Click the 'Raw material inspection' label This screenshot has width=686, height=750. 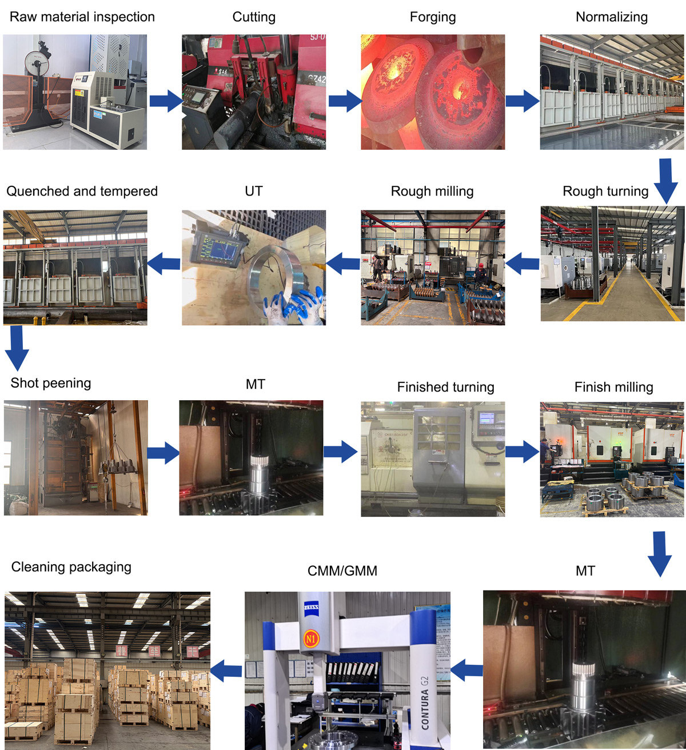[82, 17]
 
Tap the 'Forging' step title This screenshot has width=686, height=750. [433, 17]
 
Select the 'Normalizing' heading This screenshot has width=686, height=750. [611, 17]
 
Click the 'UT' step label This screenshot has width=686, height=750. [254, 191]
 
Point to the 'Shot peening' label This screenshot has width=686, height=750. [51, 383]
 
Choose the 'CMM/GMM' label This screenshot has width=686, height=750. [342, 571]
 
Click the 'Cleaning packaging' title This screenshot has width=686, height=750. [71, 567]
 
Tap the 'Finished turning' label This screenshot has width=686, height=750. [445, 387]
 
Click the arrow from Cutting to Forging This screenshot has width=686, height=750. [345, 101]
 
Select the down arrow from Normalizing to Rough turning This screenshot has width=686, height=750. [665, 181]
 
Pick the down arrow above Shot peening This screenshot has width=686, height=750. [17, 348]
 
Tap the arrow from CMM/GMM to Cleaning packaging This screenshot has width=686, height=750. [226, 671]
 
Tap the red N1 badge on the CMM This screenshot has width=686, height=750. [310, 639]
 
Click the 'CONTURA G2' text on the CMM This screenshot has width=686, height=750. [425, 703]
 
